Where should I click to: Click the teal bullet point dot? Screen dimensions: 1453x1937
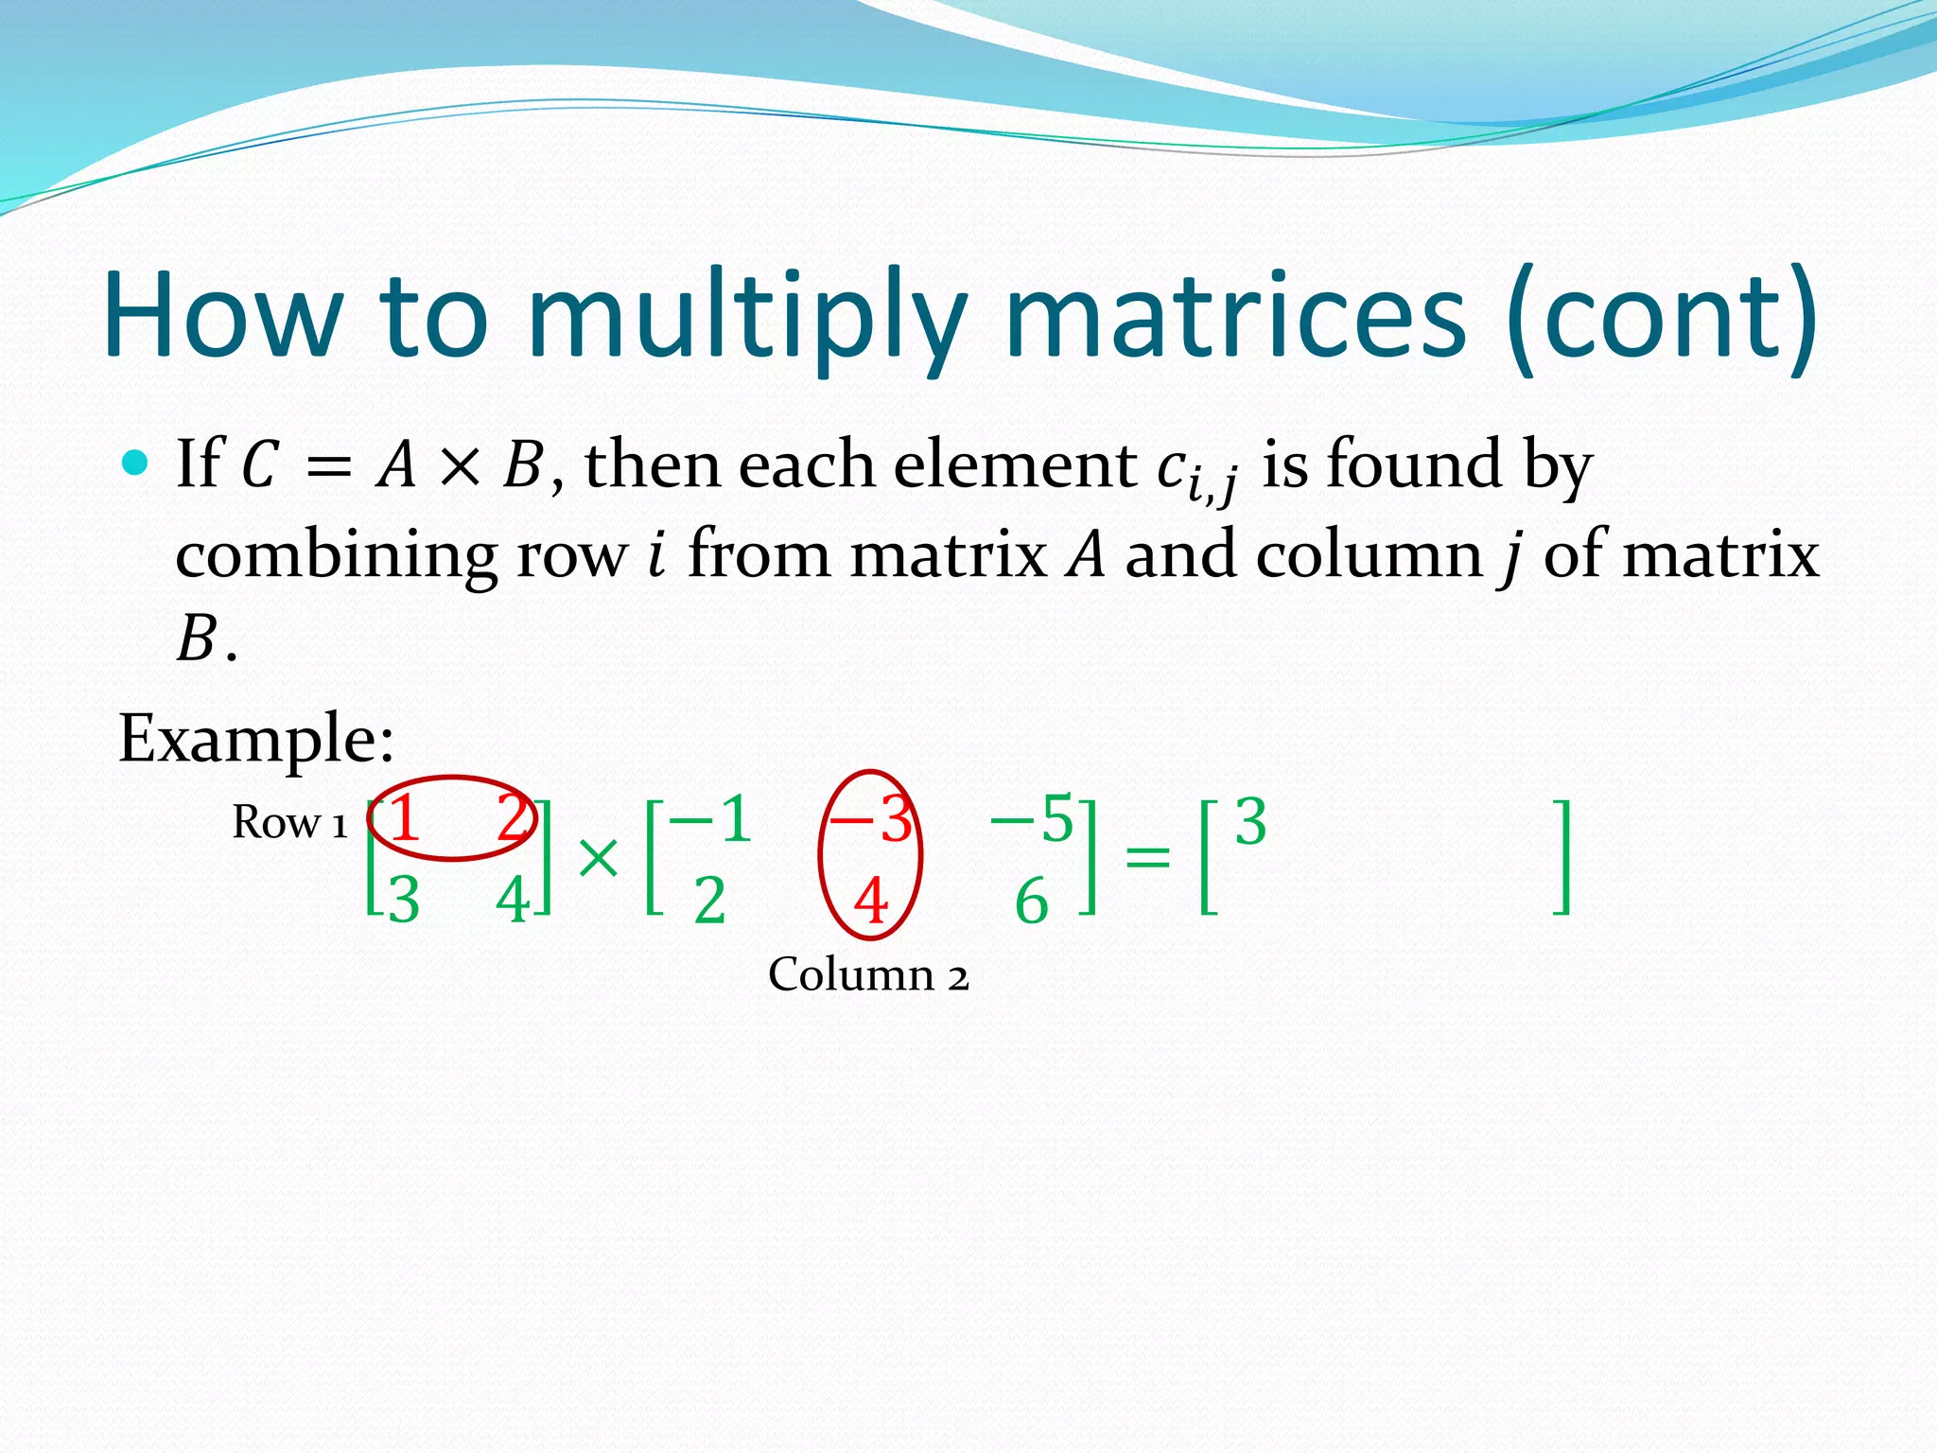(136, 463)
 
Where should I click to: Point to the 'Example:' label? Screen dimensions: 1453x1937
(255, 738)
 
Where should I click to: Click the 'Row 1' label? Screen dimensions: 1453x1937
(289, 822)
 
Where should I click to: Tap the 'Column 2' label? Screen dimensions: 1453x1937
(868, 974)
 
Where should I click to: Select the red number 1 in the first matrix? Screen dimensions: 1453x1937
(404, 818)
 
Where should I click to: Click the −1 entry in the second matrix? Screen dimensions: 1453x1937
(711, 819)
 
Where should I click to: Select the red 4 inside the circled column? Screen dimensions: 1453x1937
(871, 901)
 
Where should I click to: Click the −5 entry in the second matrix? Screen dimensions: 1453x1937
(1033, 819)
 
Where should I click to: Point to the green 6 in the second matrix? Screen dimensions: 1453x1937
(1031, 901)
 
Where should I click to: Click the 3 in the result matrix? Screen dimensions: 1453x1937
(1250, 822)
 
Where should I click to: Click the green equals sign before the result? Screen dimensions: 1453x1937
(1147, 858)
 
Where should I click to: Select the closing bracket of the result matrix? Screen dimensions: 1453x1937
(1562, 858)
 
